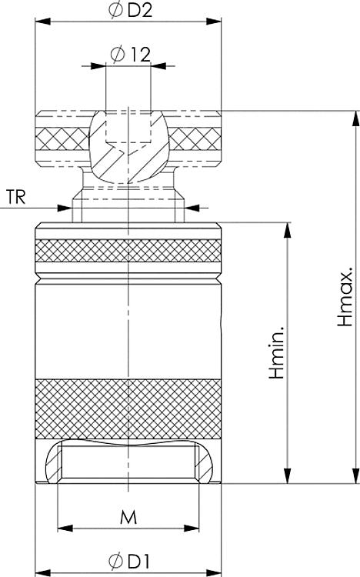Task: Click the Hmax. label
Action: [345, 297]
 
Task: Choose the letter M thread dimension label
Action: [128, 518]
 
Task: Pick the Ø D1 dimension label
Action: [128, 559]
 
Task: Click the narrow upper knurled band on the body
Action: [128, 251]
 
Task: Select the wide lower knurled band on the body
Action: [128, 409]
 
